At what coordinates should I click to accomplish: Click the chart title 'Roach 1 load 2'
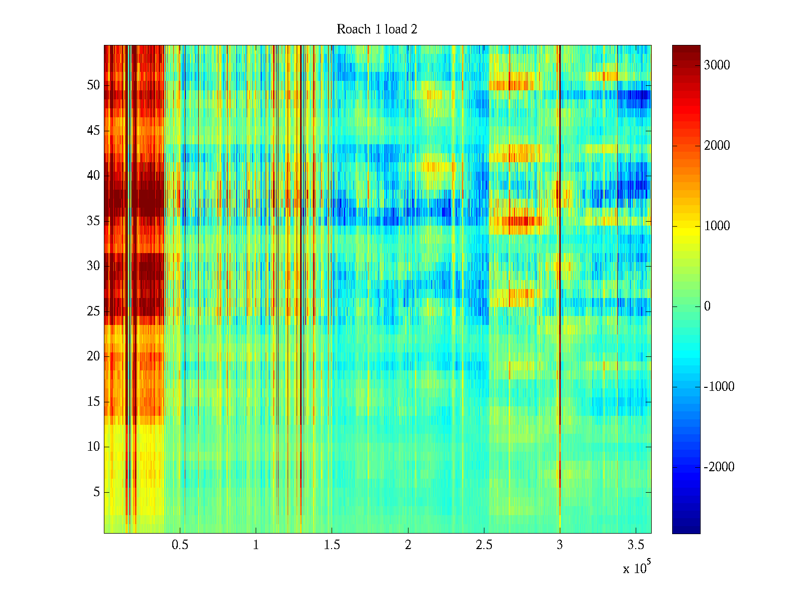coord(377,29)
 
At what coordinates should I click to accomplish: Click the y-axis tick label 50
coord(93,85)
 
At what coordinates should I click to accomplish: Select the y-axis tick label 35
coord(93,221)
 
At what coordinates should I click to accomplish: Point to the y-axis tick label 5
coord(96,492)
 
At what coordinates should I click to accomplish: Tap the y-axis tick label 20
coord(93,356)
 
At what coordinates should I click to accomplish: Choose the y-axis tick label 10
coord(93,447)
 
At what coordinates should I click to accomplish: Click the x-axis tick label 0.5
coord(180,545)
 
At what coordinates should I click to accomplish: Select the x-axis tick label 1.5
coord(332,545)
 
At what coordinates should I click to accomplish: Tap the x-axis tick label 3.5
coord(635,545)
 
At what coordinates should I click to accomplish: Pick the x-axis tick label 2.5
coord(483,545)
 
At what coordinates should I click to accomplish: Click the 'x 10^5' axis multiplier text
coord(637,568)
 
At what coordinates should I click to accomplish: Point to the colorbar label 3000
coord(717,65)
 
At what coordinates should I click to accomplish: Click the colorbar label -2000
coord(719,467)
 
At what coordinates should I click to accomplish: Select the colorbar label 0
coord(707,306)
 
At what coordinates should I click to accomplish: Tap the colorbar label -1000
coord(719,387)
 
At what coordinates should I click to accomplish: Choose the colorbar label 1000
coord(717,226)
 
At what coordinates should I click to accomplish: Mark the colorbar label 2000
coord(717,146)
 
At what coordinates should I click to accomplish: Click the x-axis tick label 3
coord(559,545)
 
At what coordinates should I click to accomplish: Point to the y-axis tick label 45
coord(93,131)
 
